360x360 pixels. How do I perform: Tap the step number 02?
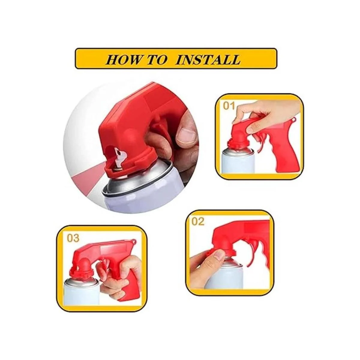click(x=198, y=222)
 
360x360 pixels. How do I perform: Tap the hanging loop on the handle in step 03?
click(x=133, y=241)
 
